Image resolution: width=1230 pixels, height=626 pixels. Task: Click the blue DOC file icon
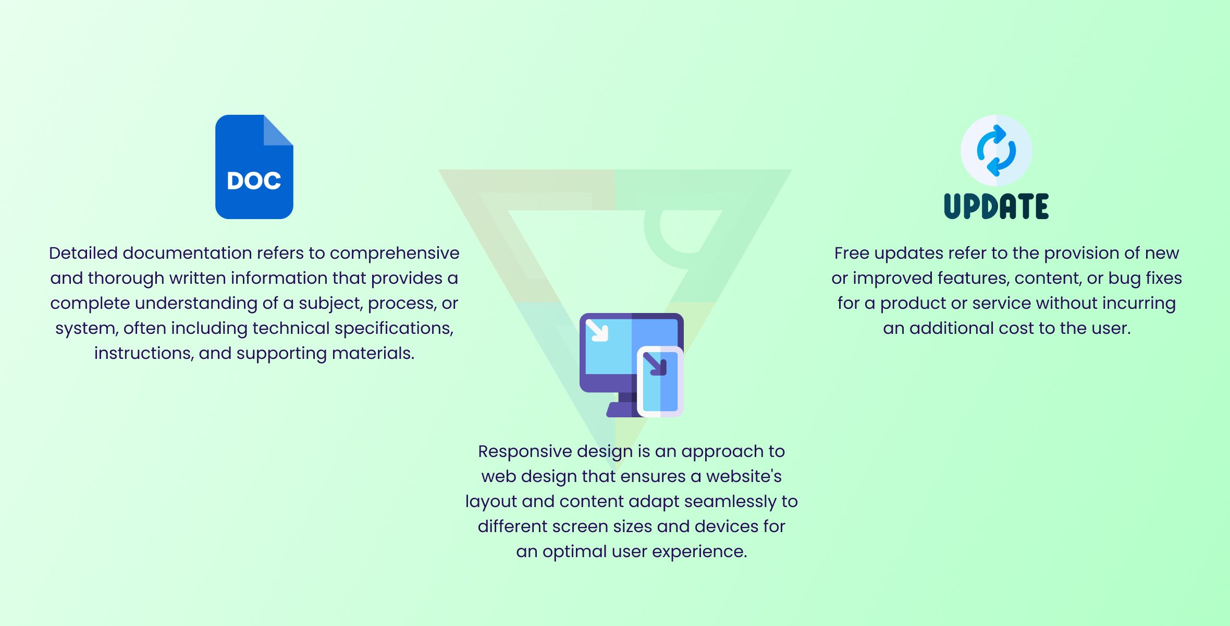[254, 167]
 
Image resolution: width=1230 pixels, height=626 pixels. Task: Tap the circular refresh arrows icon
[997, 150]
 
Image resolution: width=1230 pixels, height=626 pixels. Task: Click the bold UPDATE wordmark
[997, 206]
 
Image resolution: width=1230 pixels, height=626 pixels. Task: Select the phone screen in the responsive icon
[660, 381]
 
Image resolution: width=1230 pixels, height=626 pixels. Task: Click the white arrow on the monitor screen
[597, 330]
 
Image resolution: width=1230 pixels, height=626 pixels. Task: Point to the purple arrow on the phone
[655, 364]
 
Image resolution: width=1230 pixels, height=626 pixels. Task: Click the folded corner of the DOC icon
[278, 130]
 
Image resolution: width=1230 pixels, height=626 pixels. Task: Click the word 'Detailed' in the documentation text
[83, 253]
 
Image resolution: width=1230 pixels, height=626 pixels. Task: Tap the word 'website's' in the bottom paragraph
[744, 476]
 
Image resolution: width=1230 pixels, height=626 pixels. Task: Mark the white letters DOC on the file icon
[254, 181]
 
